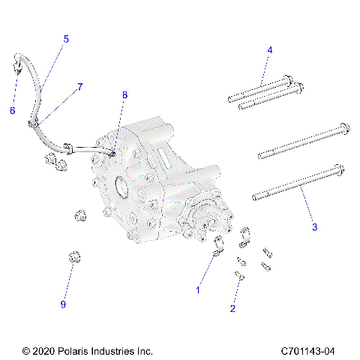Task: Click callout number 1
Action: [199, 289]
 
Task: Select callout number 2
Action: [233, 308]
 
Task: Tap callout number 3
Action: [315, 225]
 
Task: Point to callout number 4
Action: [270, 50]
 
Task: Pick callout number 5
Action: [66, 38]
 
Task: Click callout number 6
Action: [12, 110]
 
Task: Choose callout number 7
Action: [80, 87]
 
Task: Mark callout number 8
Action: [125, 95]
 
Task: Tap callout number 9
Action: [64, 304]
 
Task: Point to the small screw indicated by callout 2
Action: [240, 277]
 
